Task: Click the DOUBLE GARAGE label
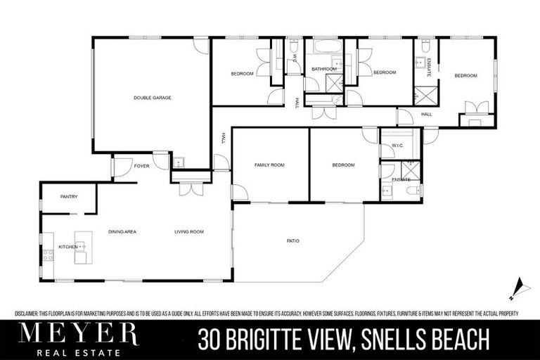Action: click(x=153, y=98)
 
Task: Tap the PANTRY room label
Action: click(x=69, y=196)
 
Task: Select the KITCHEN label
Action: click(x=67, y=247)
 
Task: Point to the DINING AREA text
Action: click(x=122, y=231)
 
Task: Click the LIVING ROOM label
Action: click(x=189, y=231)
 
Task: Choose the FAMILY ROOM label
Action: click(x=269, y=165)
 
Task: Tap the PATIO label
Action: click(x=293, y=241)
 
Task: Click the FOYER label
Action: click(x=142, y=167)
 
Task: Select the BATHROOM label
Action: click(x=323, y=69)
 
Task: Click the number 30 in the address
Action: click(x=210, y=340)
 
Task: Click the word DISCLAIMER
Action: click(x=27, y=314)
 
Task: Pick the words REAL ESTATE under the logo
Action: click(x=79, y=352)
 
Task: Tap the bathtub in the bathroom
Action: click(x=324, y=49)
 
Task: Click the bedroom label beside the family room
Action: click(x=343, y=165)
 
